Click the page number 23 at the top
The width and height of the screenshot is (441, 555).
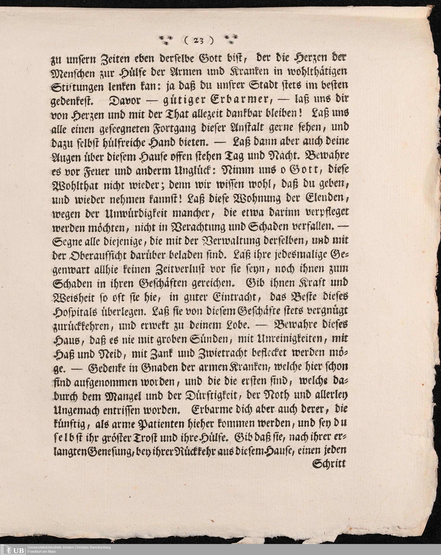click(x=199, y=41)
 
